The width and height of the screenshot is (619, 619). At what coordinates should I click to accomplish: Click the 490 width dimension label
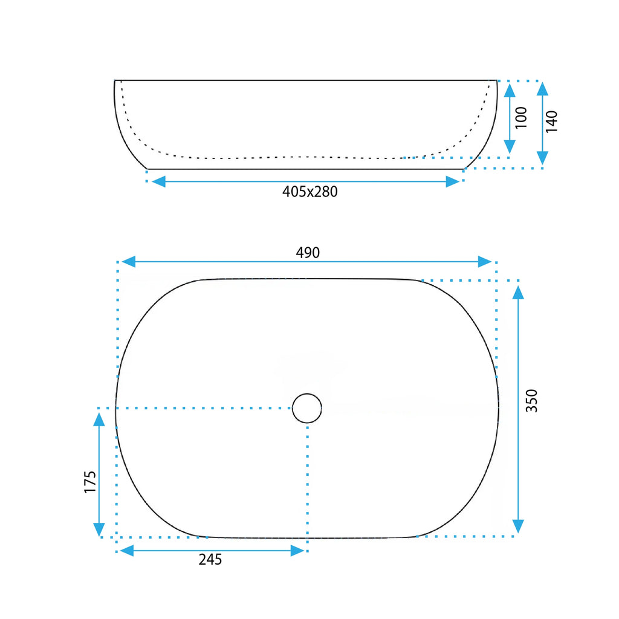(x=308, y=253)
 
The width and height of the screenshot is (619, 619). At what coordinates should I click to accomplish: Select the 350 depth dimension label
(x=532, y=401)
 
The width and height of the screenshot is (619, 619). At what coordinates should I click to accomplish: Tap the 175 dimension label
(x=90, y=482)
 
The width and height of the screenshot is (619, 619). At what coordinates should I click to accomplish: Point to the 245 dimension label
(x=210, y=559)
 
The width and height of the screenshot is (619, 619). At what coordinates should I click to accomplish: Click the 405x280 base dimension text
(x=310, y=192)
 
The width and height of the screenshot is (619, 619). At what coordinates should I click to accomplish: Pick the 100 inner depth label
(x=521, y=117)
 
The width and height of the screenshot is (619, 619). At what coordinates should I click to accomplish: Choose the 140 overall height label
(x=551, y=122)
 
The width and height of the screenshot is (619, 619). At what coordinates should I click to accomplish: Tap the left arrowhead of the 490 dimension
(x=128, y=262)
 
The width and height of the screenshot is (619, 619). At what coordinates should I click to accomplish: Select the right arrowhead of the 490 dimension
(x=485, y=262)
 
